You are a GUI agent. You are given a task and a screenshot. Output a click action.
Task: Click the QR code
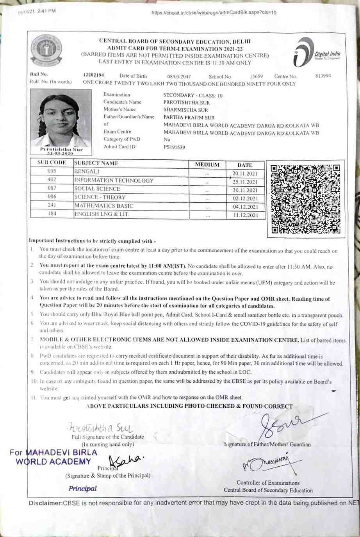305,199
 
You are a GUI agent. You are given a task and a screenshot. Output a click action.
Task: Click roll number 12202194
93,75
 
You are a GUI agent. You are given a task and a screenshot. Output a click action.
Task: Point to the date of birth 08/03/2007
179,77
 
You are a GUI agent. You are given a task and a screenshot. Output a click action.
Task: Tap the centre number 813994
323,76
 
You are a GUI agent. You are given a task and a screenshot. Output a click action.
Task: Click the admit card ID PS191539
174,147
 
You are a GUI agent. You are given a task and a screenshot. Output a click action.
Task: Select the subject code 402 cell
52,180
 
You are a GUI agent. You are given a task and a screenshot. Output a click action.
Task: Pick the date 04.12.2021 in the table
245,207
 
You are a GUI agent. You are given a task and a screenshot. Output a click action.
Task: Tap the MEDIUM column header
207,165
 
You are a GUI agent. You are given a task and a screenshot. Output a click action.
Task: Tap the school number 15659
256,77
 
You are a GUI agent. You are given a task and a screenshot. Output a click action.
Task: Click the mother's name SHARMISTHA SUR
185,110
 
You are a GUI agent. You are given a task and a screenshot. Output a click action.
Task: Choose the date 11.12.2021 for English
245,215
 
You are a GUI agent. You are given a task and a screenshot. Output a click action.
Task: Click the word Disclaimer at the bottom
45,503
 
